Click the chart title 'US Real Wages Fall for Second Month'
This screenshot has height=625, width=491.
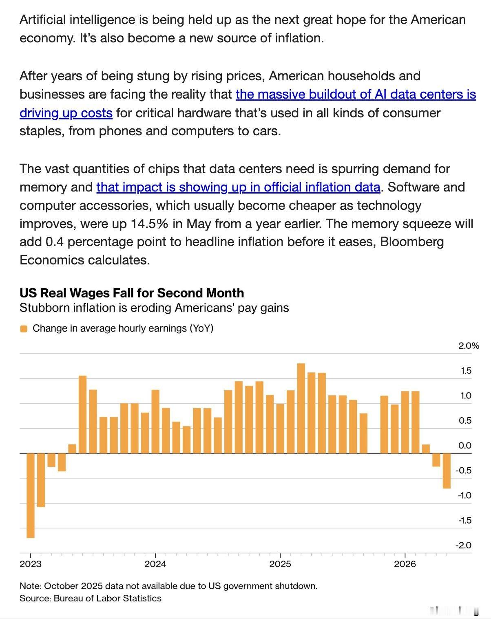[132, 293]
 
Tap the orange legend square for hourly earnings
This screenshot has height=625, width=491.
[24, 329]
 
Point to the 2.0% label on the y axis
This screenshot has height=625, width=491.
[469, 346]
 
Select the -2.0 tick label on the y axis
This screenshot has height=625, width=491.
[464, 545]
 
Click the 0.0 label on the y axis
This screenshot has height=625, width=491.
[465, 445]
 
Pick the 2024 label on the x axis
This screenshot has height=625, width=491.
[155, 564]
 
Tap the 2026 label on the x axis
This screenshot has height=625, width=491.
[405, 564]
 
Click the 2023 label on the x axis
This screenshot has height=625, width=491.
[31, 564]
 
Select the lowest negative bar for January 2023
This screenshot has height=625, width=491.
[31, 495]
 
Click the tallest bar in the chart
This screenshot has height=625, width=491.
[301, 408]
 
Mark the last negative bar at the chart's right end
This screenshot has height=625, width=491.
[447, 471]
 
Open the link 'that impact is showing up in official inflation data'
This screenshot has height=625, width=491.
[238, 187]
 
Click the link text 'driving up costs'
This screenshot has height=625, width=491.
[66, 113]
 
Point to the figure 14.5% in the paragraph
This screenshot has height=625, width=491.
[149, 224]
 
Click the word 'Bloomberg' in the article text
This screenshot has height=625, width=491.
[412, 242]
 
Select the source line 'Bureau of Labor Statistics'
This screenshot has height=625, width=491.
[107, 599]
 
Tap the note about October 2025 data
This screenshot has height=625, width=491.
[168, 586]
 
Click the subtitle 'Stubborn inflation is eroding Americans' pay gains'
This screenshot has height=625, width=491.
[154, 308]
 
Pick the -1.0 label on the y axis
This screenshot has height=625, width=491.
[464, 495]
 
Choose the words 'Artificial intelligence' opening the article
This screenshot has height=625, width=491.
[77, 20]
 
